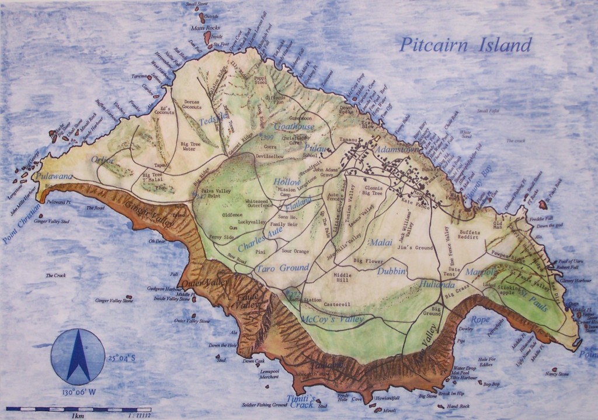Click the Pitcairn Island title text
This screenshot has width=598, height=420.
tap(465, 45)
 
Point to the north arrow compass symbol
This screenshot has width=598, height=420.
tap(78, 356)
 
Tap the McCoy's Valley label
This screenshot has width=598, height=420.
tap(333, 319)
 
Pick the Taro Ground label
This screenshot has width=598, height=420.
tap(282, 268)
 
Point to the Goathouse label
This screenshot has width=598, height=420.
tap(294, 127)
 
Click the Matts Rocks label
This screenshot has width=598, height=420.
tap(204, 27)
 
